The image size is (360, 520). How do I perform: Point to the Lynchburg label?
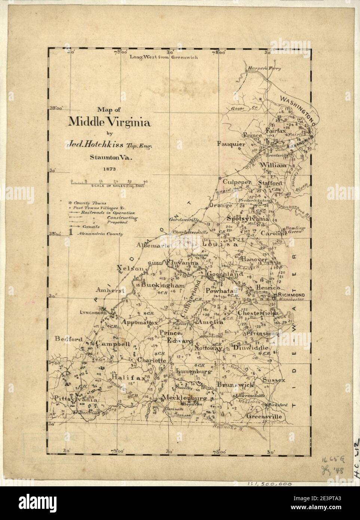click(x=91, y=312)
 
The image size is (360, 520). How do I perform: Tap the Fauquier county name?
click(x=231, y=144)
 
